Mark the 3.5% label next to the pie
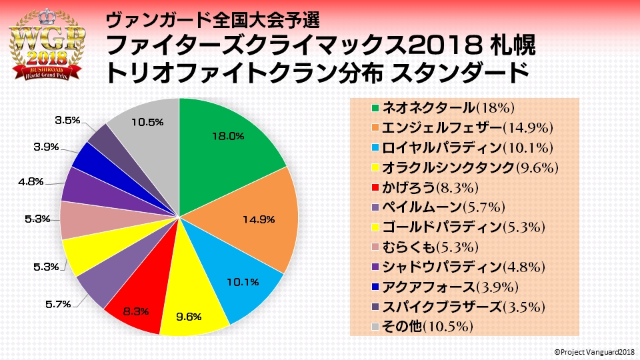68,120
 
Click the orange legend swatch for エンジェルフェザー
376,127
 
